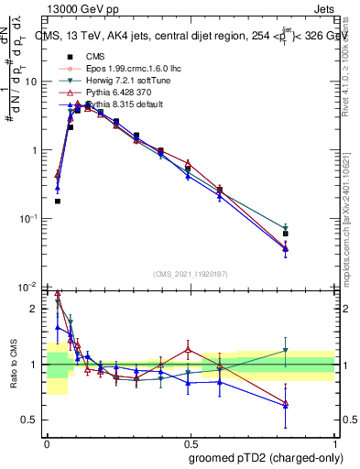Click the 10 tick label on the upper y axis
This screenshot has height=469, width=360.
(30, 82)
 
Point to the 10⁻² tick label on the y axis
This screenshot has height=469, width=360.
(27, 287)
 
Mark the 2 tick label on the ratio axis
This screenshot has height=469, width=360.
(35, 309)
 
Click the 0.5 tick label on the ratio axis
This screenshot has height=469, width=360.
(30, 420)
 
